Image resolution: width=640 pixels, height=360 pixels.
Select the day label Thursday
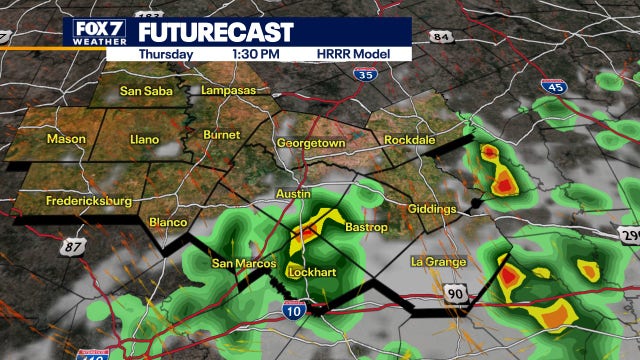pyautogui.click(x=166, y=54)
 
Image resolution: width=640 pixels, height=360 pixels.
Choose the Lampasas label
pyautogui.click(x=228, y=90)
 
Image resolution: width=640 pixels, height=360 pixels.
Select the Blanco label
pyautogui.click(x=167, y=222)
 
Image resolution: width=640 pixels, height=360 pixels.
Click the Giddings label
pyautogui.click(x=432, y=209)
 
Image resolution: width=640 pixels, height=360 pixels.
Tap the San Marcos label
pyautogui.click(x=237, y=264)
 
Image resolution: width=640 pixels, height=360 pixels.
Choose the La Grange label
pyautogui.click(x=438, y=262)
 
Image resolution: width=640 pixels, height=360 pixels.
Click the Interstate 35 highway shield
pyautogui.click(x=367, y=73)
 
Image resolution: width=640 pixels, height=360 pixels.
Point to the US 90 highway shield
pyautogui.click(x=454, y=292)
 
